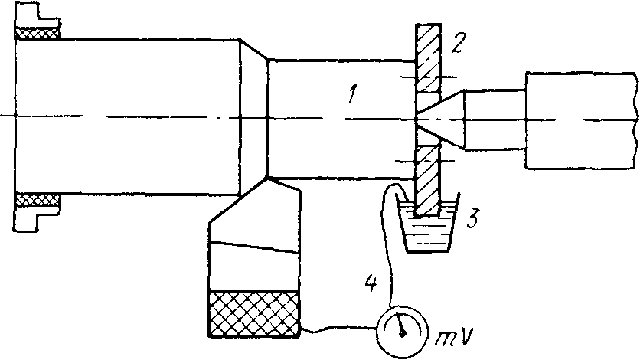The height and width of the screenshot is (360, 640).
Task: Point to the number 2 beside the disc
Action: click(456, 41)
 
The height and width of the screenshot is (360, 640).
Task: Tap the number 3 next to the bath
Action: click(472, 219)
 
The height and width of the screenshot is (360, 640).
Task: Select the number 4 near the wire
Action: click(371, 283)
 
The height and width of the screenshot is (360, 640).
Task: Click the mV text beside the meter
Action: click(454, 337)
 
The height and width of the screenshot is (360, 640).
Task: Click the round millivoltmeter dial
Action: click(403, 332)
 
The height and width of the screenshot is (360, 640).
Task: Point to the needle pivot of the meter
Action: click(403, 333)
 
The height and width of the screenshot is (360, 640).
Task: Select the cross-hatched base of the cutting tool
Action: click(254, 314)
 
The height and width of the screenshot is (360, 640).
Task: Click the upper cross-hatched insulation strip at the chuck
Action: click(38, 33)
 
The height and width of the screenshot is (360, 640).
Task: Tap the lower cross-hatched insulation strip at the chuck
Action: click(38, 200)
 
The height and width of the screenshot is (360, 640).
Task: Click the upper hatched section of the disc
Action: click(427, 58)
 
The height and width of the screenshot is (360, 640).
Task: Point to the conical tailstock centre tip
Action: click(416, 119)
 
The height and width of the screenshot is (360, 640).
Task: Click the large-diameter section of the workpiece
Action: click(127, 117)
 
